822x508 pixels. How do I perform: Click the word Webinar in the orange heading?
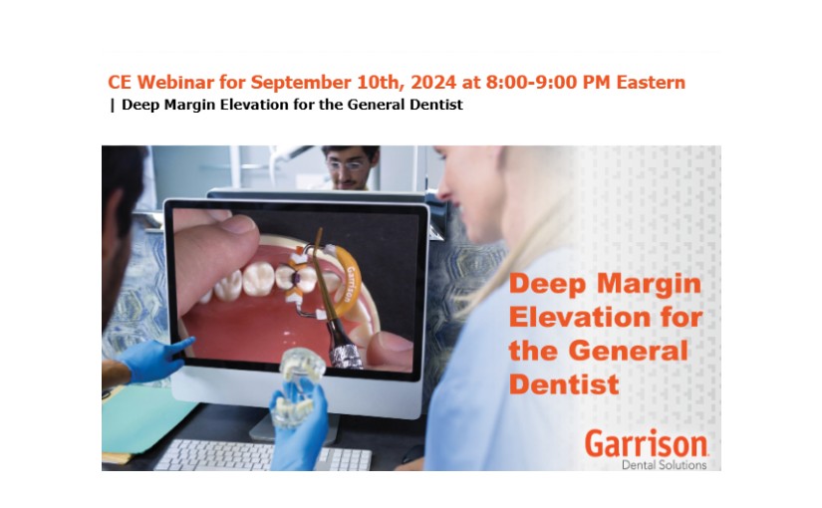[175, 83]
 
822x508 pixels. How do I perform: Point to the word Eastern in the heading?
[651, 83]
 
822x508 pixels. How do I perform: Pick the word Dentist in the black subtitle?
[436, 105]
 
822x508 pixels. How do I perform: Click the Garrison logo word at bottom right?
[647, 443]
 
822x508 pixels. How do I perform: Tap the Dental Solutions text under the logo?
[664, 465]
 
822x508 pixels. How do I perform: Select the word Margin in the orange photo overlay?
[650, 285]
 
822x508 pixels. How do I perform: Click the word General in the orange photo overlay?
[628, 351]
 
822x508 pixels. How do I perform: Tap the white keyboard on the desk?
[262, 455]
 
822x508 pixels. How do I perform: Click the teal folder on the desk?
[145, 418]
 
